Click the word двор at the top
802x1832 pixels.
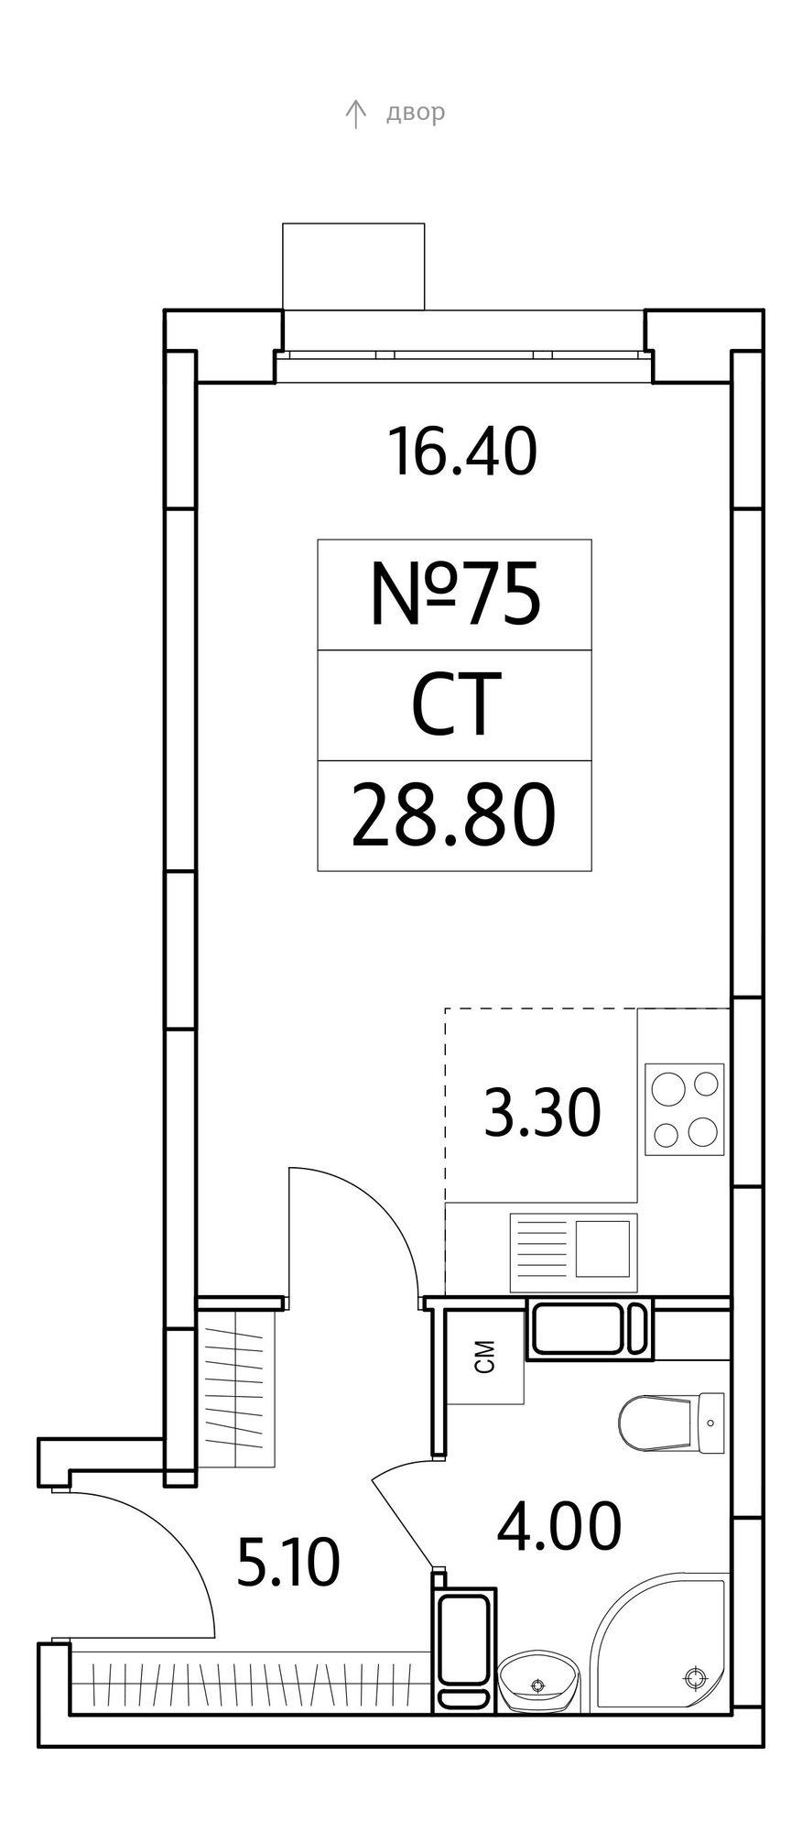[x=416, y=114]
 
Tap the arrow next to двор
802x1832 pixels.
[x=355, y=114]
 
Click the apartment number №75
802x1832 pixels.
[x=455, y=595]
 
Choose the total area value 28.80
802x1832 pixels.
[x=453, y=816]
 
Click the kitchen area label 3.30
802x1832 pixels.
[x=542, y=1112]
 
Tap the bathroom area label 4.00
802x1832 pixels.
[x=558, y=1526]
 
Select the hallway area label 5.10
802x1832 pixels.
[x=288, y=1563]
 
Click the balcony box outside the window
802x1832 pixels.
[x=353, y=267]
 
